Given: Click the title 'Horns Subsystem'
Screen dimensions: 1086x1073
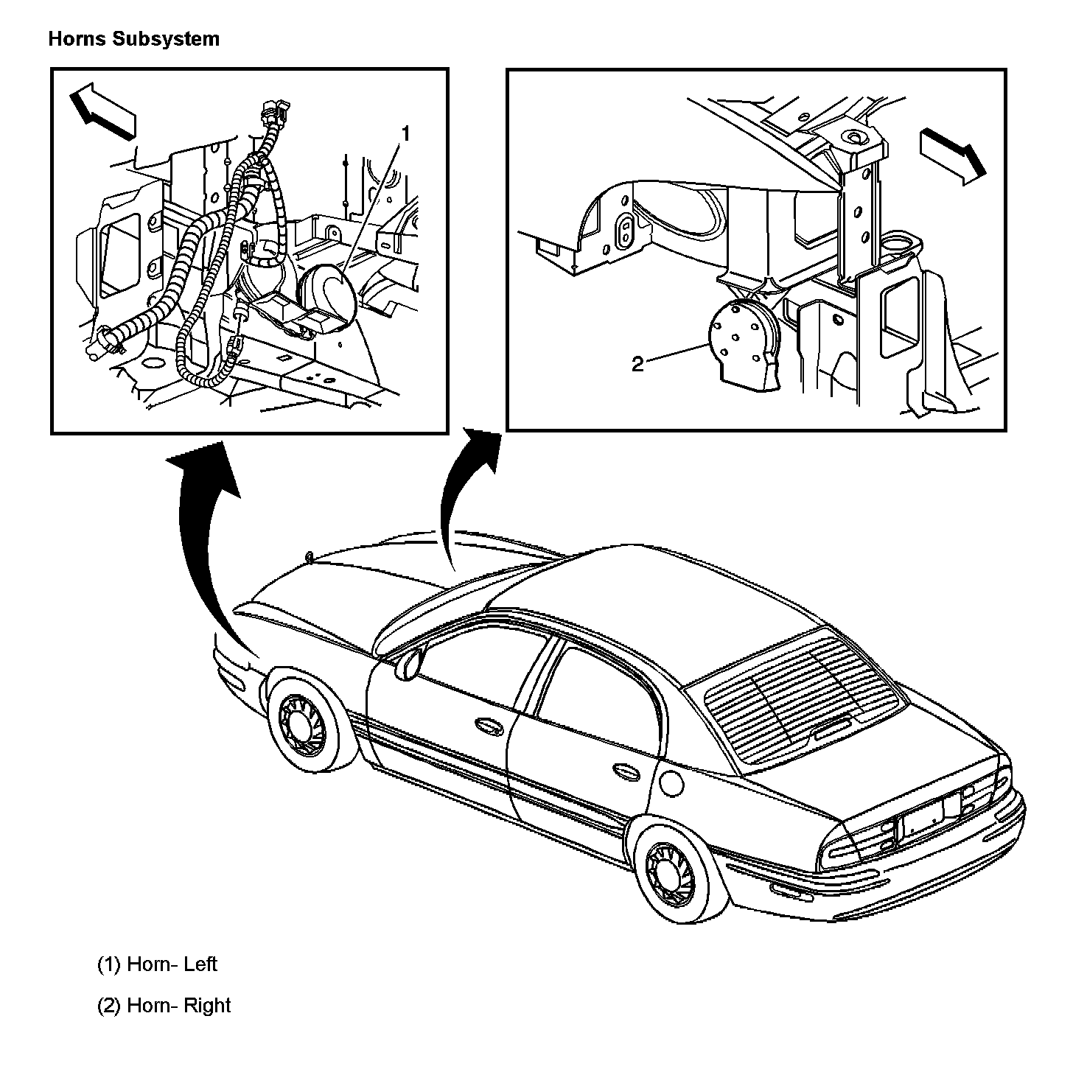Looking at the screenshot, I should [x=133, y=38].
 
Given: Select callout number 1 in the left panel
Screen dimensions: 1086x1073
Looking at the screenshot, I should [x=405, y=133].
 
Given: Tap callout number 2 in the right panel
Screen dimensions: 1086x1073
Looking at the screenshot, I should [x=638, y=364].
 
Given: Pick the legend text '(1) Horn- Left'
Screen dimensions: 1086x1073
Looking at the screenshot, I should [x=157, y=964].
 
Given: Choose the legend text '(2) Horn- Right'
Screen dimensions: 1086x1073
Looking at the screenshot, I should [x=164, y=1006].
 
